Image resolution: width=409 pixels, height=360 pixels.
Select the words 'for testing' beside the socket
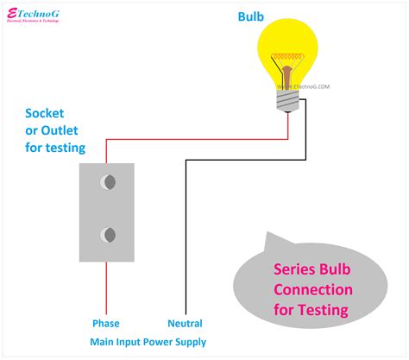point(55,148)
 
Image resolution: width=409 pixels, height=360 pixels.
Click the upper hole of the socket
point(108,183)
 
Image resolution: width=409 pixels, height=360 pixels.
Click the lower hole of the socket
point(108,234)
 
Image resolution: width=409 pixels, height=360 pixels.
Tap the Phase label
point(107,324)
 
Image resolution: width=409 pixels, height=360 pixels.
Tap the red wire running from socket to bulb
point(198,137)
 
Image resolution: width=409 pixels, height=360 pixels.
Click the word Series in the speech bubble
point(299,269)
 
